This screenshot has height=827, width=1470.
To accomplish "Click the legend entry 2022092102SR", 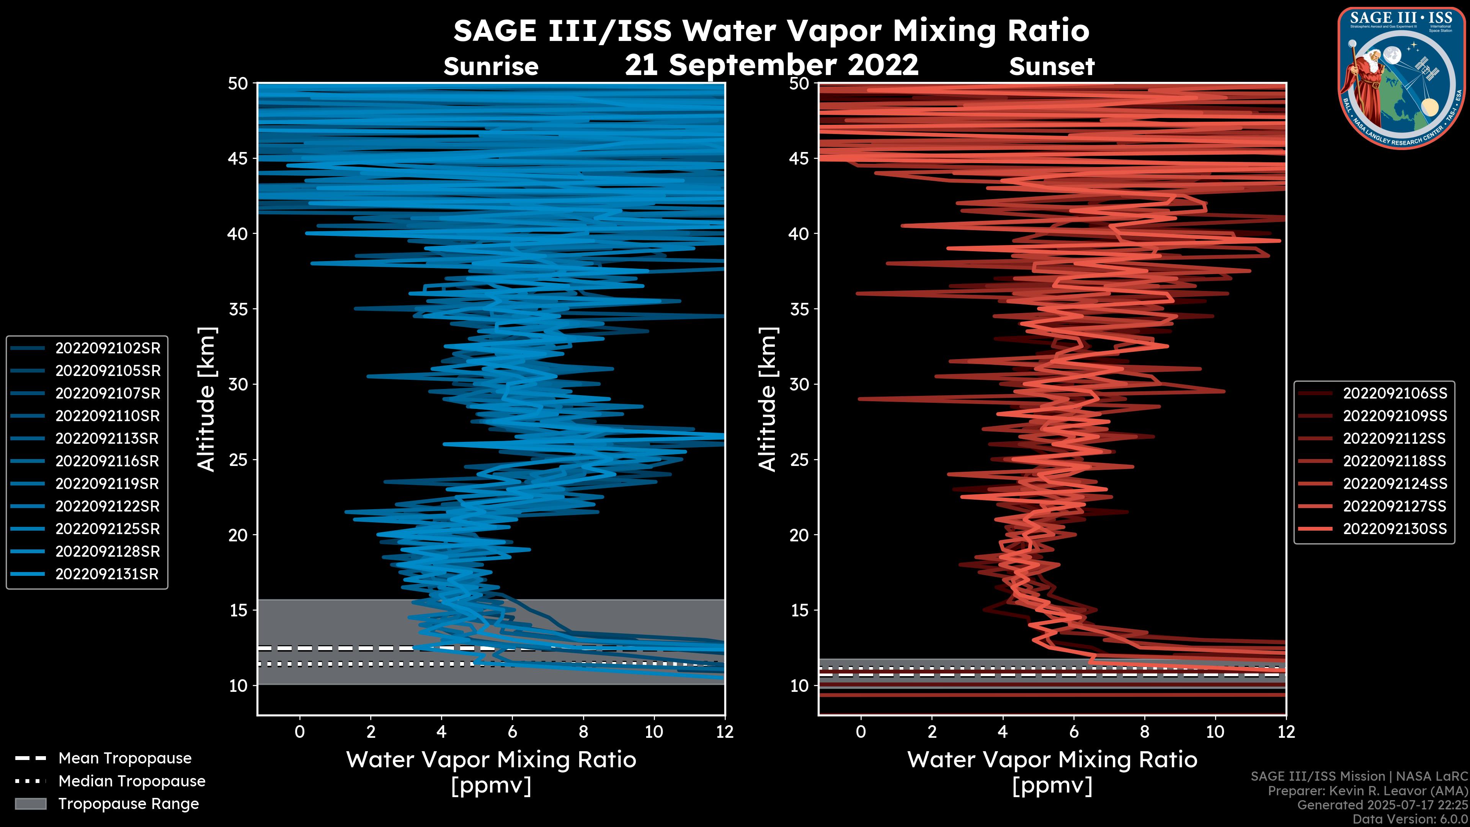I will (107, 348).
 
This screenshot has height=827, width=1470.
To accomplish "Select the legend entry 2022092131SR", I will (107, 574).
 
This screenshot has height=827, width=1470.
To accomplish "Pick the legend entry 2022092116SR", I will (107, 461).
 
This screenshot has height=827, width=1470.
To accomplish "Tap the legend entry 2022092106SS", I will (1395, 393).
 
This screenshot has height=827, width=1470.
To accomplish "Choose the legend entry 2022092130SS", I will (1395, 529).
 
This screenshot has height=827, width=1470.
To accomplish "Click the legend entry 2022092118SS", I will (1394, 461).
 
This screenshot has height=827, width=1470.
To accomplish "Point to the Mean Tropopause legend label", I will (125, 758).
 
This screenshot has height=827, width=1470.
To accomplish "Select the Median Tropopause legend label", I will (132, 781).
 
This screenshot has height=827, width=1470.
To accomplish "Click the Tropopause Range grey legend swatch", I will (30, 804).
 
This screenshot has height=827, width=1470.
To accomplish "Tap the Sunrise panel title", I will (491, 67).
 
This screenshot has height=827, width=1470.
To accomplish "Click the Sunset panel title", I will (1052, 67).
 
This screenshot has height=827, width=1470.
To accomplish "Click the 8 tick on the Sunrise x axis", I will (583, 732).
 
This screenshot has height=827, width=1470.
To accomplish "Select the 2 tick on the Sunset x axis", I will (932, 732).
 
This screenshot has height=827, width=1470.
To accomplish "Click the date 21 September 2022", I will (771, 65).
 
